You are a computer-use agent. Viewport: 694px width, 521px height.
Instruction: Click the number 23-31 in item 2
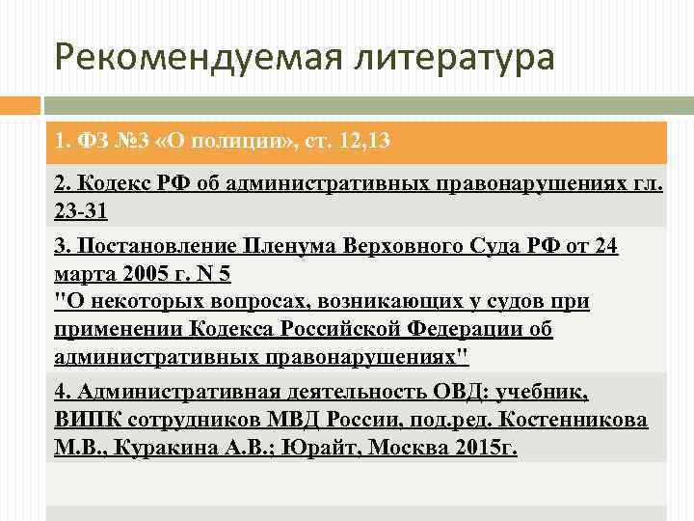81,209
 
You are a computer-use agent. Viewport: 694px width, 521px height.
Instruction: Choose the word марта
85,273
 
